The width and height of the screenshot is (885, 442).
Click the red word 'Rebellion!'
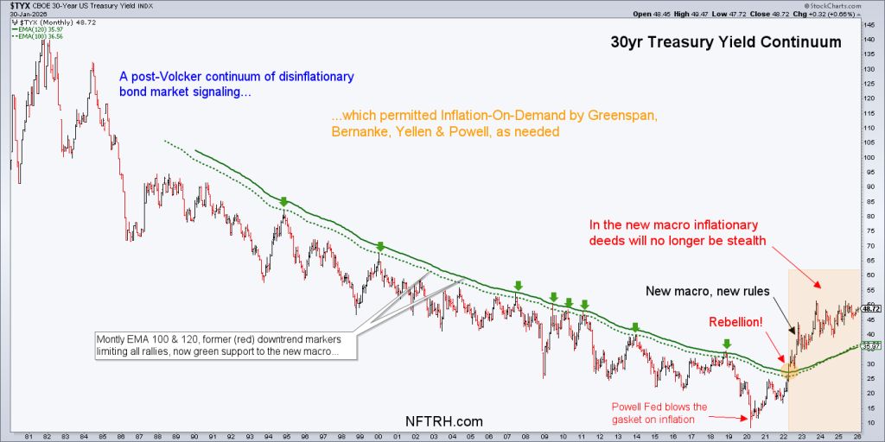click(736, 322)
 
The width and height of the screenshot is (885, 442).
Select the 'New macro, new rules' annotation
click(710, 291)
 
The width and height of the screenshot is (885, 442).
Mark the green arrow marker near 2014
click(634, 327)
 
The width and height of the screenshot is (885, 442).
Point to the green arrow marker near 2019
click(727, 344)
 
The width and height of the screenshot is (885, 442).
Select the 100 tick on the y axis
click(870, 157)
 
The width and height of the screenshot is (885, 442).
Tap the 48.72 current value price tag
click(870, 308)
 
